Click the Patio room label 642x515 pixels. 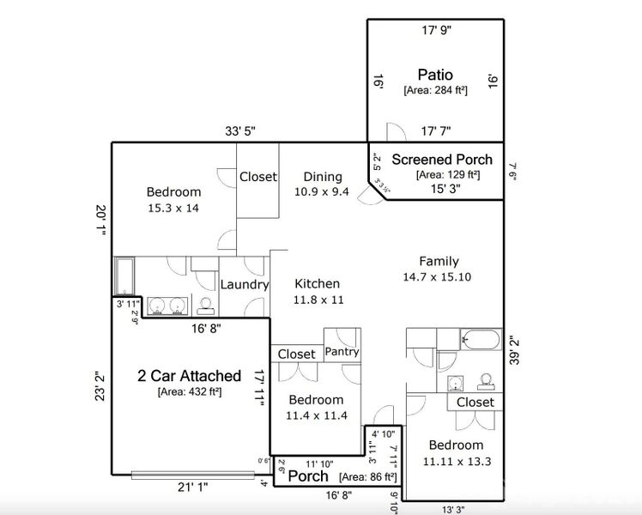pos(434,75)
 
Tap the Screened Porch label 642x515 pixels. pos(442,159)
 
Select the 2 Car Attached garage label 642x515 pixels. pos(189,376)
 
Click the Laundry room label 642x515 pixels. pos(245,284)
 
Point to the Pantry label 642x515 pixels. pos(342,352)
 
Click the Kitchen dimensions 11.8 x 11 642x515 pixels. pos(318,300)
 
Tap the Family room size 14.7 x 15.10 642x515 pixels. pos(439,277)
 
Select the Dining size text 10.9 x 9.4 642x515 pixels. pos(321,191)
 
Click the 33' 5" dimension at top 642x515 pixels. pos(240,131)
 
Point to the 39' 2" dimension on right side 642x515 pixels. pos(512,351)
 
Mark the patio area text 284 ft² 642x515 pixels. pos(435,89)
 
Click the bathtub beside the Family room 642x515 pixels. pos(481,340)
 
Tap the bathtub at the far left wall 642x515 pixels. pos(124,276)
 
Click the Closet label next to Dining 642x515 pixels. pos(257,177)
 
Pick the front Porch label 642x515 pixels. pos(307,476)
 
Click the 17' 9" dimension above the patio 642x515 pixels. pos(436,30)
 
